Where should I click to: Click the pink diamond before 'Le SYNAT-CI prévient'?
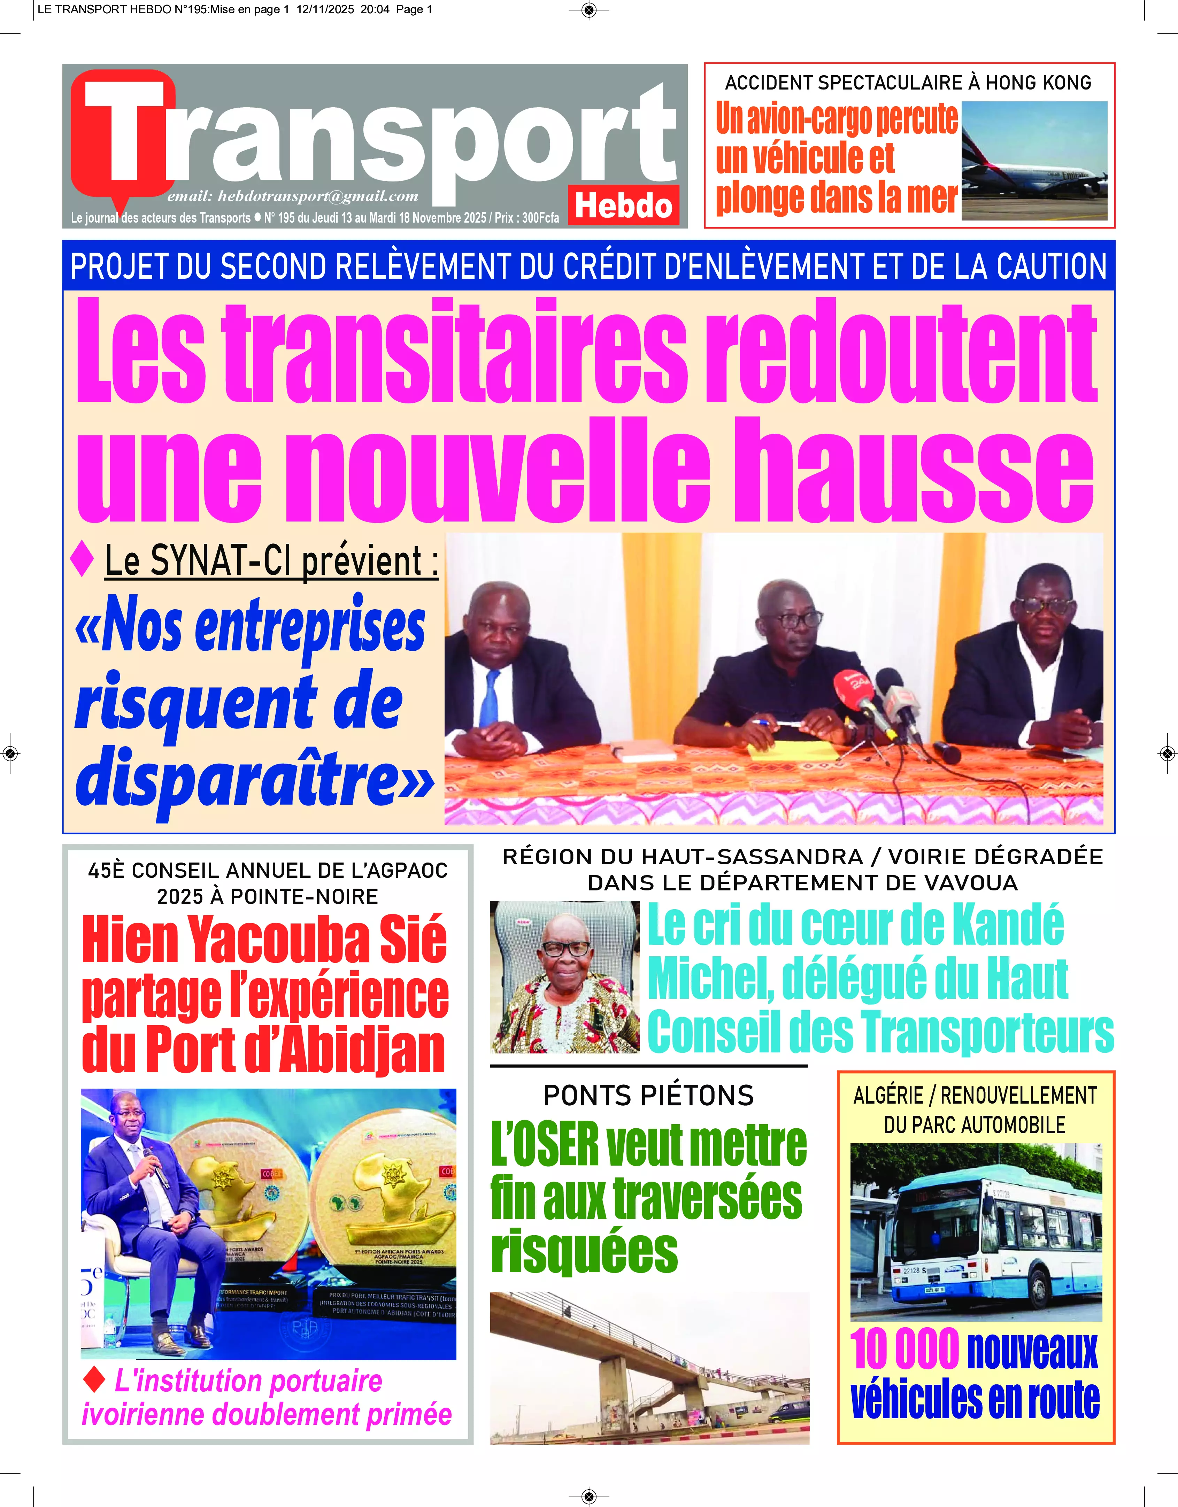point(82,559)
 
